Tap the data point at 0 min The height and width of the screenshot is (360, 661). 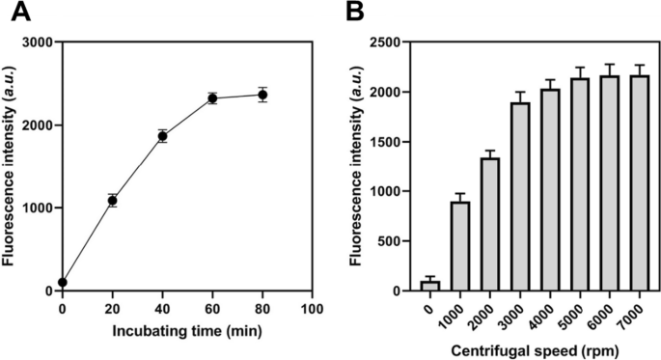[63, 283]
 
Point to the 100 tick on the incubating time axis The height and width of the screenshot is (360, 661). [311, 308]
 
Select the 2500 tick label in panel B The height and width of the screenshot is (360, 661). [368, 42]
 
